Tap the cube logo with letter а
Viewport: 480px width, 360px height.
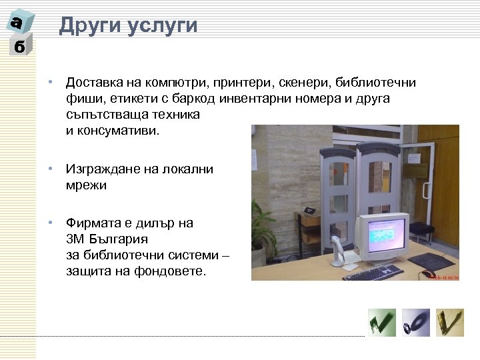pos(18,23)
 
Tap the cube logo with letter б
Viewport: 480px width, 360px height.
pos(19,48)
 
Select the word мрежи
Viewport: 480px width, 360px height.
pos(86,186)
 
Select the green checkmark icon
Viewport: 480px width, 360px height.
pos(382,323)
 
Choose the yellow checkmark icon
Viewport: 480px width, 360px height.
pos(450,323)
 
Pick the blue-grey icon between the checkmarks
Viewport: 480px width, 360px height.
pos(416,323)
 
